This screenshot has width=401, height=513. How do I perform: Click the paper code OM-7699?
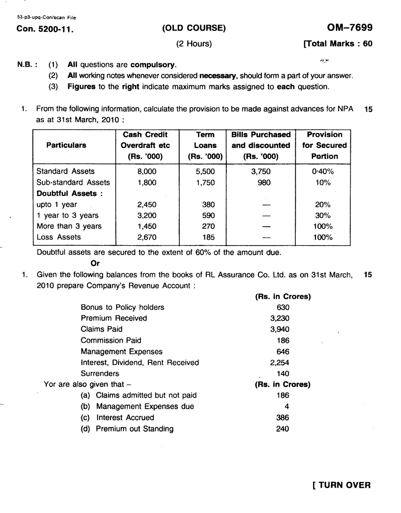click(x=350, y=28)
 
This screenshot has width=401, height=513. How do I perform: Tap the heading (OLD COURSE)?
click(x=194, y=28)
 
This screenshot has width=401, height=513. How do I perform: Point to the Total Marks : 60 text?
click(x=338, y=44)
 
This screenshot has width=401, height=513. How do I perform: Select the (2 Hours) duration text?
click(x=194, y=44)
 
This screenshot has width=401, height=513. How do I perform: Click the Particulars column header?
click(x=66, y=145)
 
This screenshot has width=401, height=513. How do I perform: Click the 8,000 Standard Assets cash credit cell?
click(x=147, y=172)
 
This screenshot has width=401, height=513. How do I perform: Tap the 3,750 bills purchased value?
click(x=260, y=172)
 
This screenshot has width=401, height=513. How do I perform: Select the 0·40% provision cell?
click(x=323, y=172)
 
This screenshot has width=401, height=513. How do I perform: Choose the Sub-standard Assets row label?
click(x=73, y=182)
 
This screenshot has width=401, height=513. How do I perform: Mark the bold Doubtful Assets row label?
click(x=69, y=193)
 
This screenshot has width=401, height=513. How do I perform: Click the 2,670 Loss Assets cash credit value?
click(x=147, y=237)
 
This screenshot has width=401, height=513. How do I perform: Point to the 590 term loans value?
click(x=208, y=215)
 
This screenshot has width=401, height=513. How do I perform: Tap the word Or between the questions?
click(x=95, y=263)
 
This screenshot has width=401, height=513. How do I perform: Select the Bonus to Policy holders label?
click(x=122, y=307)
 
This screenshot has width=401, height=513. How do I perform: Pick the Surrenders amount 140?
click(x=283, y=374)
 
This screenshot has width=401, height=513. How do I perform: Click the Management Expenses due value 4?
click(x=287, y=407)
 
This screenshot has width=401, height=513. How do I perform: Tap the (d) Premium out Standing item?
click(x=127, y=429)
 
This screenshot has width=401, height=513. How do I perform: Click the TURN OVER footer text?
click(x=342, y=485)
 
